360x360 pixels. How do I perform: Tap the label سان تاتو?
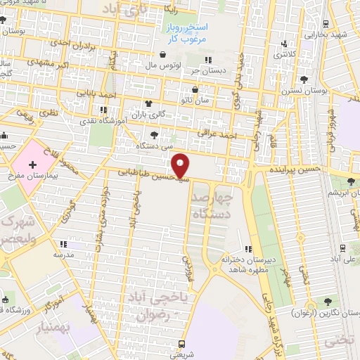pyautogui.click(x=195, y=101)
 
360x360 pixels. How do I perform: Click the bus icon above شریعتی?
pyautogui.click(x=183, y=344)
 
